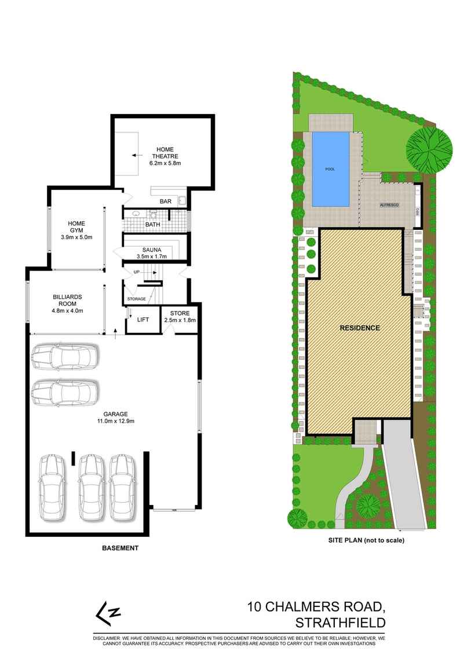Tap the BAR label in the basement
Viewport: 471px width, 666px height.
click(166, 202)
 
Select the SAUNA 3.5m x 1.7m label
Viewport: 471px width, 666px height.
click(151, 253)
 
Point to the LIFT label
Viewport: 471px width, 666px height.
click(143, 320)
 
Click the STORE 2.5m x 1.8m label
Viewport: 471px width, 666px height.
click(180, 317)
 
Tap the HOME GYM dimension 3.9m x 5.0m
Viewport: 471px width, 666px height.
click(77, 237)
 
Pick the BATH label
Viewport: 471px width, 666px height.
click(153, 224)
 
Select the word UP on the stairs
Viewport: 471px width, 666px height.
click(137, 272)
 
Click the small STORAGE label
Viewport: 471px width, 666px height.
click(137, 299)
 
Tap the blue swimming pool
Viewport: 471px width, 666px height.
click(330, 169)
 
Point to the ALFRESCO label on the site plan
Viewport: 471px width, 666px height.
click(388, 205)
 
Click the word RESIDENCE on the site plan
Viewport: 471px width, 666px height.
click(359, 328)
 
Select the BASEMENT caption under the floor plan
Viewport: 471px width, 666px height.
click(120, 548)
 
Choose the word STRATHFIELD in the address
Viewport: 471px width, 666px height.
click(341, 623)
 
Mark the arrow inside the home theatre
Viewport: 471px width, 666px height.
click(137, 156)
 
